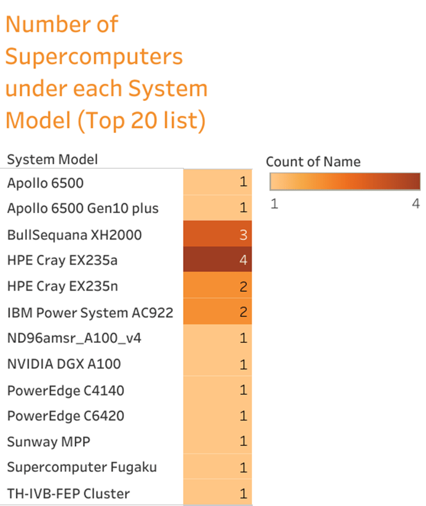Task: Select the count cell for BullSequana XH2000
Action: pos(218,234)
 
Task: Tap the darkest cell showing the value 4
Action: pos(218,260)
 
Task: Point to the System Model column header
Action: pos(52,160)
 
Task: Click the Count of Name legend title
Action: pos(313,162)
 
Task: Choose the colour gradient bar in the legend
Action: pos(345,182)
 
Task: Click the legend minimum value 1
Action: pos(274,204)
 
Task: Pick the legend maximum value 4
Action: pos(415,204)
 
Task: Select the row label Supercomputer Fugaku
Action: pos(82,467)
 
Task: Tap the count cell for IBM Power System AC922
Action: pos(218,312)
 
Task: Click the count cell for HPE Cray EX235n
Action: pos(218,286)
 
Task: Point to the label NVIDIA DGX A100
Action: pos(63,364)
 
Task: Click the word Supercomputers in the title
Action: pos(94,57)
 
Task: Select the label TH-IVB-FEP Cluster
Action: pos(68,494)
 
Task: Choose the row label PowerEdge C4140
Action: pos(66,390)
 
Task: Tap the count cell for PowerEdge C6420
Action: pos(218,416)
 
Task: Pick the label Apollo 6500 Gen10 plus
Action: pos(83,209)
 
